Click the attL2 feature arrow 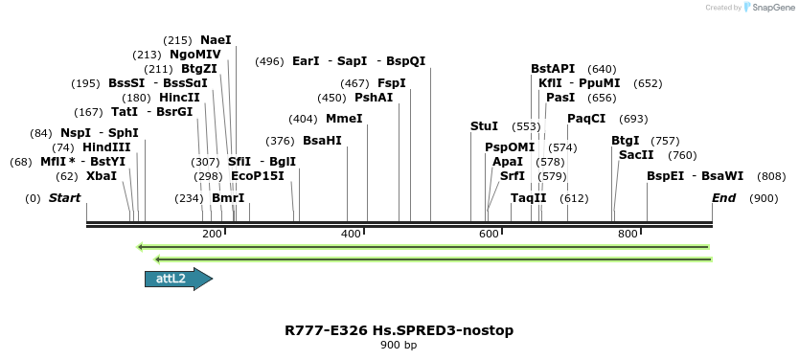178,279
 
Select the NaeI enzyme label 216,40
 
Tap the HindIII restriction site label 105,147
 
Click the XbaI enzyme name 102,176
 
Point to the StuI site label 484,126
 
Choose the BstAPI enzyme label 553,69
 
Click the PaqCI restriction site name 586,119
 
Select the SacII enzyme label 636,155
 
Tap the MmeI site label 344,119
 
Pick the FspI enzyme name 392,83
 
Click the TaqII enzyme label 528,198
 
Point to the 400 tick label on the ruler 351,234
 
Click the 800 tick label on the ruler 628,234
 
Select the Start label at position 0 64,198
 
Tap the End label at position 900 724,198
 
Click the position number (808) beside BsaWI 771,176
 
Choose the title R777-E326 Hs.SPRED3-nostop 399,330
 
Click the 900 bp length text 399,345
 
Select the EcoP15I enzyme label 258,176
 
